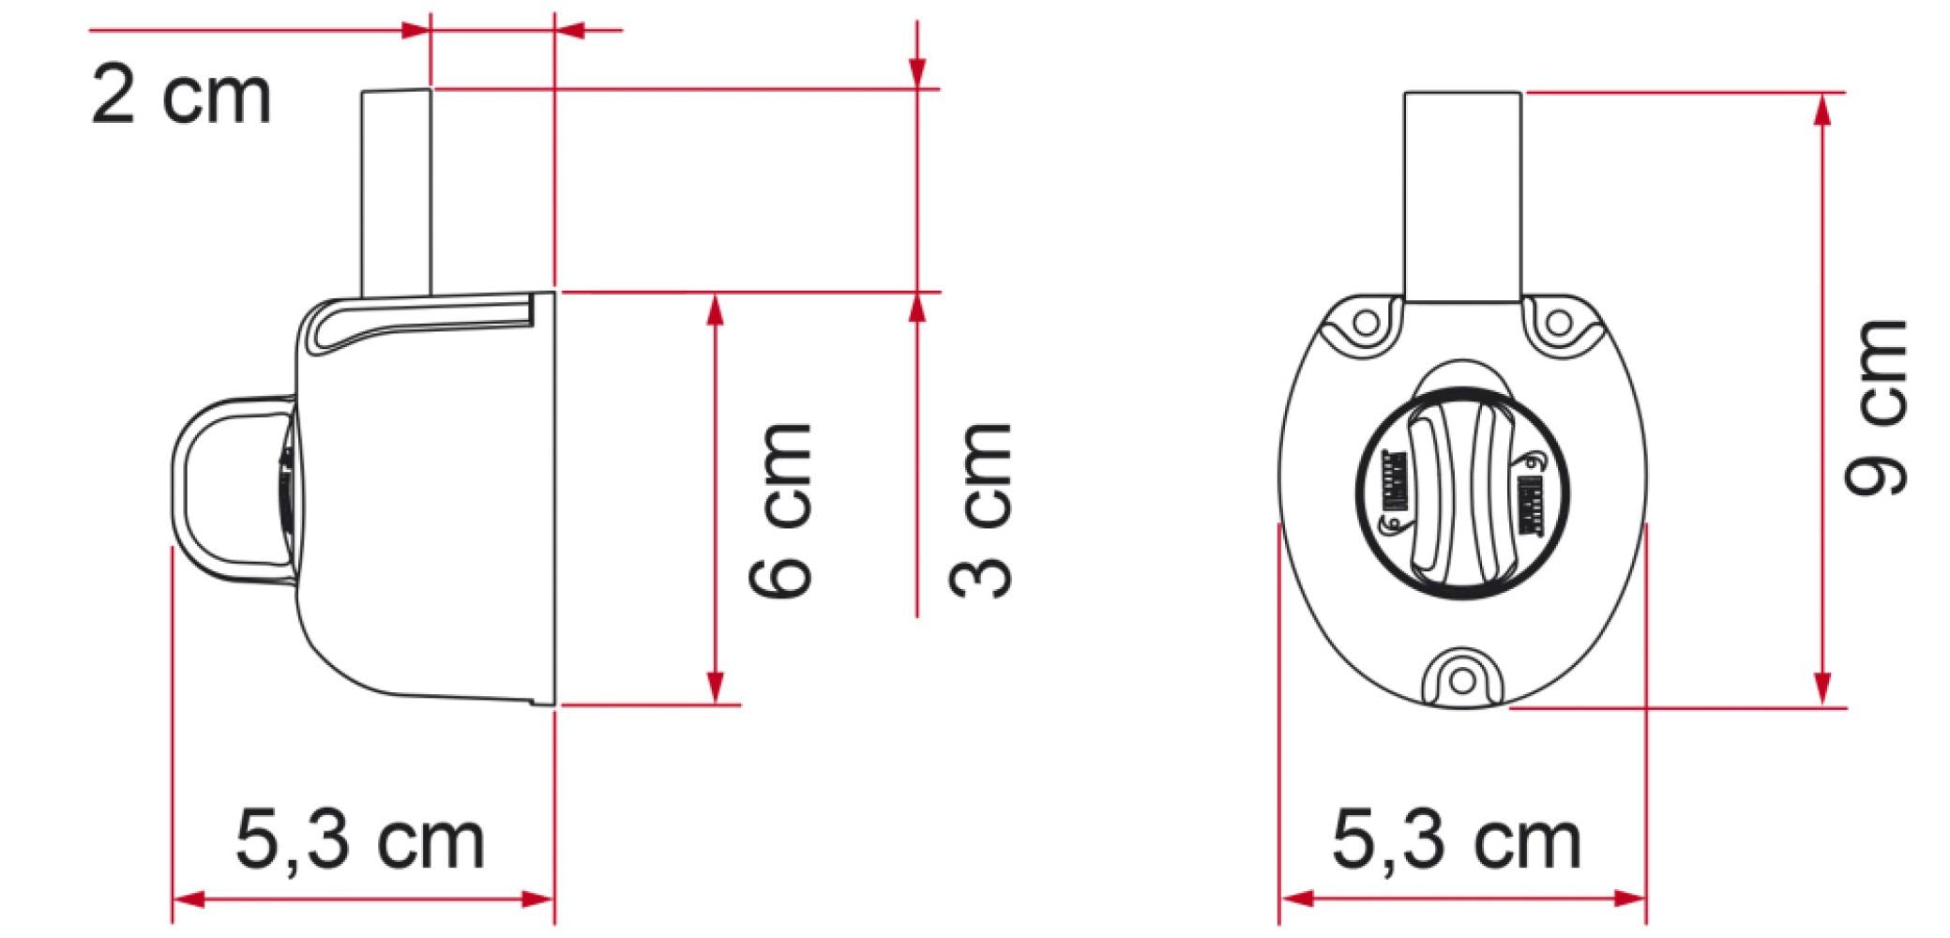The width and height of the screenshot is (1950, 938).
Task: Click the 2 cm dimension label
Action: pyautogui.click(x=181, y=96)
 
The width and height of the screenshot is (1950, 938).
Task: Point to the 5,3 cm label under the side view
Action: pyautogui.click(x=361, y=840)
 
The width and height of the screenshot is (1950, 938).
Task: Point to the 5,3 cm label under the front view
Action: pyautogui.click(x=1457, y=840)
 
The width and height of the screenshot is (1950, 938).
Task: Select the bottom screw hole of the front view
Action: pyautogui.click(x=1461, y=677)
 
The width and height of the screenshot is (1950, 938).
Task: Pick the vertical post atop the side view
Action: pyautogui.click(x=396, y=192)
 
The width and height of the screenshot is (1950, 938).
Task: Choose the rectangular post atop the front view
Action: pyautogui.click(x=1462, y=197)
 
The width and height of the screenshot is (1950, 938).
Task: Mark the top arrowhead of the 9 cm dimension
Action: pyautogui.click(x=1822, y=109)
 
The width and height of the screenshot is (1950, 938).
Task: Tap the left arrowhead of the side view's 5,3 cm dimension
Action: pyautogui.click(x=188, y=900)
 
